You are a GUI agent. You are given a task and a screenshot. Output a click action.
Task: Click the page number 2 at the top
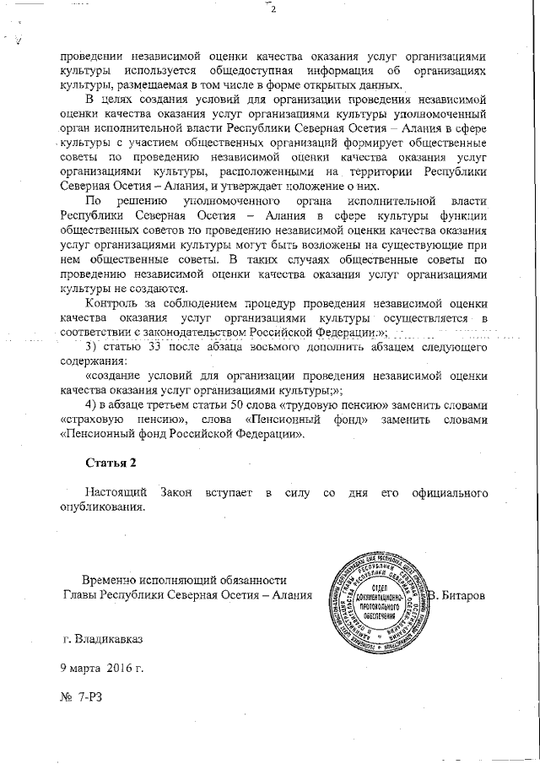pos(273,9)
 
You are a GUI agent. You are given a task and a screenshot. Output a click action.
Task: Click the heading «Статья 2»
pos(111,464)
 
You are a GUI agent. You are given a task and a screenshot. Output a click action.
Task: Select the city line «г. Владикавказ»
pos(103,639)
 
